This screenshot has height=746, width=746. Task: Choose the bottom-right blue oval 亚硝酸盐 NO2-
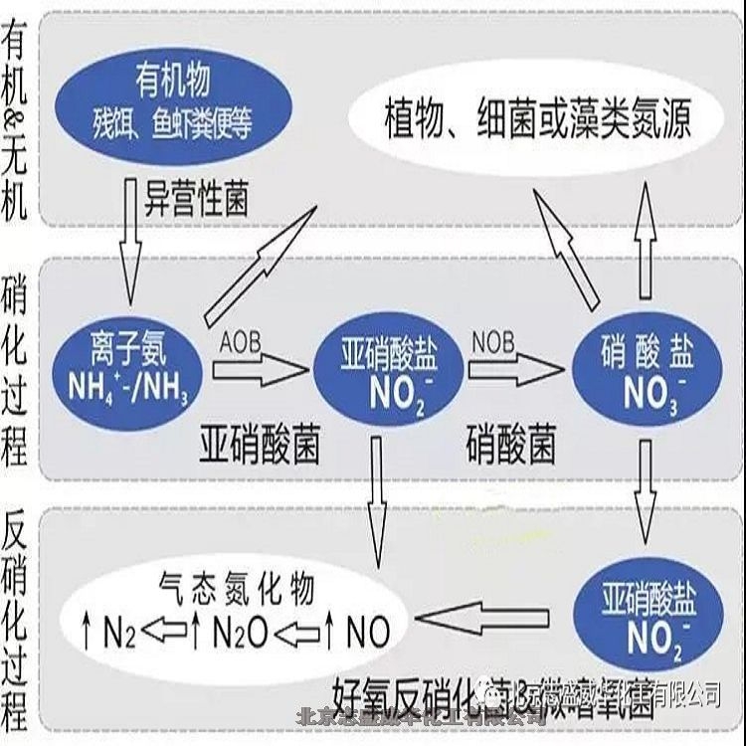[649, 616]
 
